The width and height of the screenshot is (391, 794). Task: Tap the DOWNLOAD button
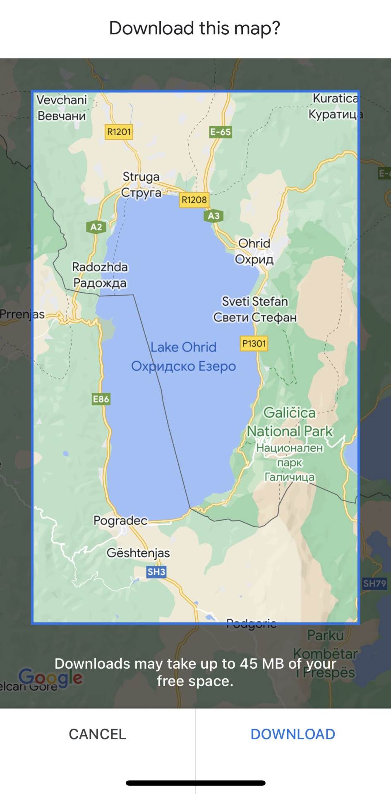coord(293,734)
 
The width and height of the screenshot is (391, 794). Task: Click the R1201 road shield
coord(119,132)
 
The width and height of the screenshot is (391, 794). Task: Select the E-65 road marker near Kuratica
coord(220,132)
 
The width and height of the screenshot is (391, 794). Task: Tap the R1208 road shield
coord(194,200)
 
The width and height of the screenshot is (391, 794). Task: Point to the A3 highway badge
coord(213,216)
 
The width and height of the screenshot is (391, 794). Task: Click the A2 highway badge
coord(96,227)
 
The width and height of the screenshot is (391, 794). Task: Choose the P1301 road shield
coord(254,343)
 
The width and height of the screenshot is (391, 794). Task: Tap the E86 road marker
coord(101,399)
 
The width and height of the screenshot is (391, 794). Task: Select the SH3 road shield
coord(156,572)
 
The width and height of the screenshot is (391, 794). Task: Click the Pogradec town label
coord(120,520)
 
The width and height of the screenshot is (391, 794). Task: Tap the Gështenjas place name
coord(138,553)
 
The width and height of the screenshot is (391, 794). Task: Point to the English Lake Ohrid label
coord(183,347)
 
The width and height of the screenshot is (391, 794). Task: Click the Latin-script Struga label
coord(141,177)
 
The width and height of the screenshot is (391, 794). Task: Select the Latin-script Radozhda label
coord(100,267)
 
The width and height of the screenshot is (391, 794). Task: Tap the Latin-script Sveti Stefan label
coord(255,301)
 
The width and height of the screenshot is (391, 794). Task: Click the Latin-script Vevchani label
coord(62,100)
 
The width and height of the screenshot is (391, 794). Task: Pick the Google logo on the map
coord(50,678)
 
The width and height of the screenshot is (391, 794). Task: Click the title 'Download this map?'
coord(195,28)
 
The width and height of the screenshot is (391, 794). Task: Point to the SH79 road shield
coord(374,584)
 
